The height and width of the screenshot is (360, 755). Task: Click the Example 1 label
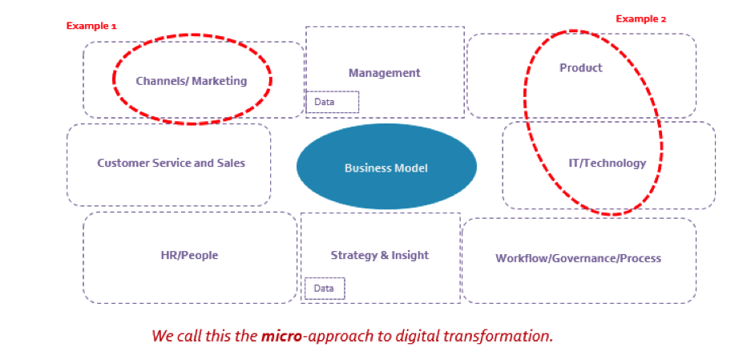pos(91,26)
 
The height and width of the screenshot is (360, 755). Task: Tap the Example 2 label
pos(641,18)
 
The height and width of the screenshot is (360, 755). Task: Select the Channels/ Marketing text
pos(192,81)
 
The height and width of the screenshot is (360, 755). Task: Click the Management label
pos(384,73)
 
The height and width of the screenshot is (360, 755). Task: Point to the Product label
pos(581,67)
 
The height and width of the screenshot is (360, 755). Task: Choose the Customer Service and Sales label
pos(171,163)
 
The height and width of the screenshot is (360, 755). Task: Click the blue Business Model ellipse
pos(386,166)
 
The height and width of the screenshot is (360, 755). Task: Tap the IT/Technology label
pos(608,163)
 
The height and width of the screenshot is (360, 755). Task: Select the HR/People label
pos(189,255)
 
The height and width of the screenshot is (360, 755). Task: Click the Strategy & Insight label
pos(379,255)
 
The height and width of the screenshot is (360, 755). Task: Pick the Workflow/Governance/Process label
pos(579,258)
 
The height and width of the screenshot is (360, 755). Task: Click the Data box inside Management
pos(333,102)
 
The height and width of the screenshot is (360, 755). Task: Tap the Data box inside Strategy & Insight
pos(325,288)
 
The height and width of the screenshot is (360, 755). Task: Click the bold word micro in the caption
pos(281,335)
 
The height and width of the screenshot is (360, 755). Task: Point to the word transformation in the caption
pos(501,335)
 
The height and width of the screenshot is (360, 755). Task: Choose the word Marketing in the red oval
pos(220,81)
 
